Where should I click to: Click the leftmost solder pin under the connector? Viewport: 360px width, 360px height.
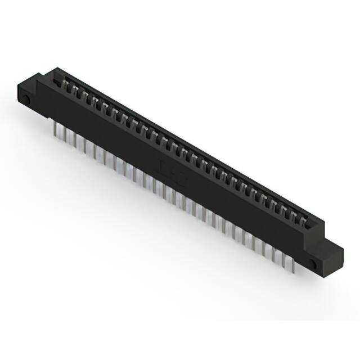click(56, 130)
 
